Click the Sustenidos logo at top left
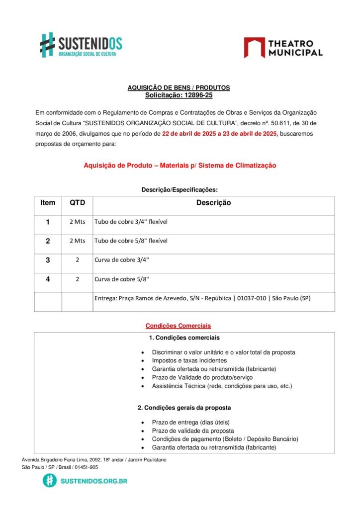point(81,45)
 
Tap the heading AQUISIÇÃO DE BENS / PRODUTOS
point(179,87)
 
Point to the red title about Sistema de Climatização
point(180,165)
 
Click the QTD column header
point(77,203)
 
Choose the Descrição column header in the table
point(213,203)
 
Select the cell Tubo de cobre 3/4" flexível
point(131,222)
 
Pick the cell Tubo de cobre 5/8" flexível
point(131,241)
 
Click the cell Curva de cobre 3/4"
point(122,260)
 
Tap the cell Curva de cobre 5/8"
point(122,279)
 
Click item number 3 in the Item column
point(48,260)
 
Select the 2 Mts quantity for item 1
point(77,222)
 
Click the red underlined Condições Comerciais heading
point(178,326)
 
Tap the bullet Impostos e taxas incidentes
point(189,360)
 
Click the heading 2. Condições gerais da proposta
point(184,408)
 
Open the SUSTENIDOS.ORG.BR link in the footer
point(93,481)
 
